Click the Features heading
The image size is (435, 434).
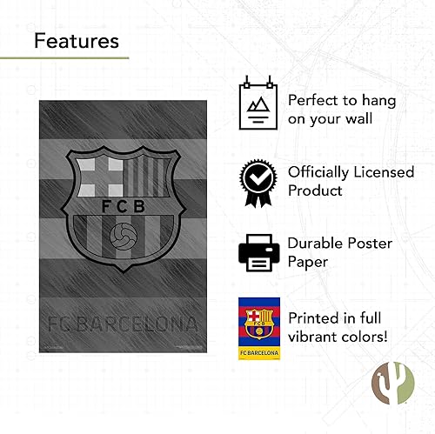pyautogui.click(x=77, y=40)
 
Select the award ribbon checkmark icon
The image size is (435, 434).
pyautogui.click(x=259, y=180)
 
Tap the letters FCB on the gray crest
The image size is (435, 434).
pyautogui.click(x=122, y=207)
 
